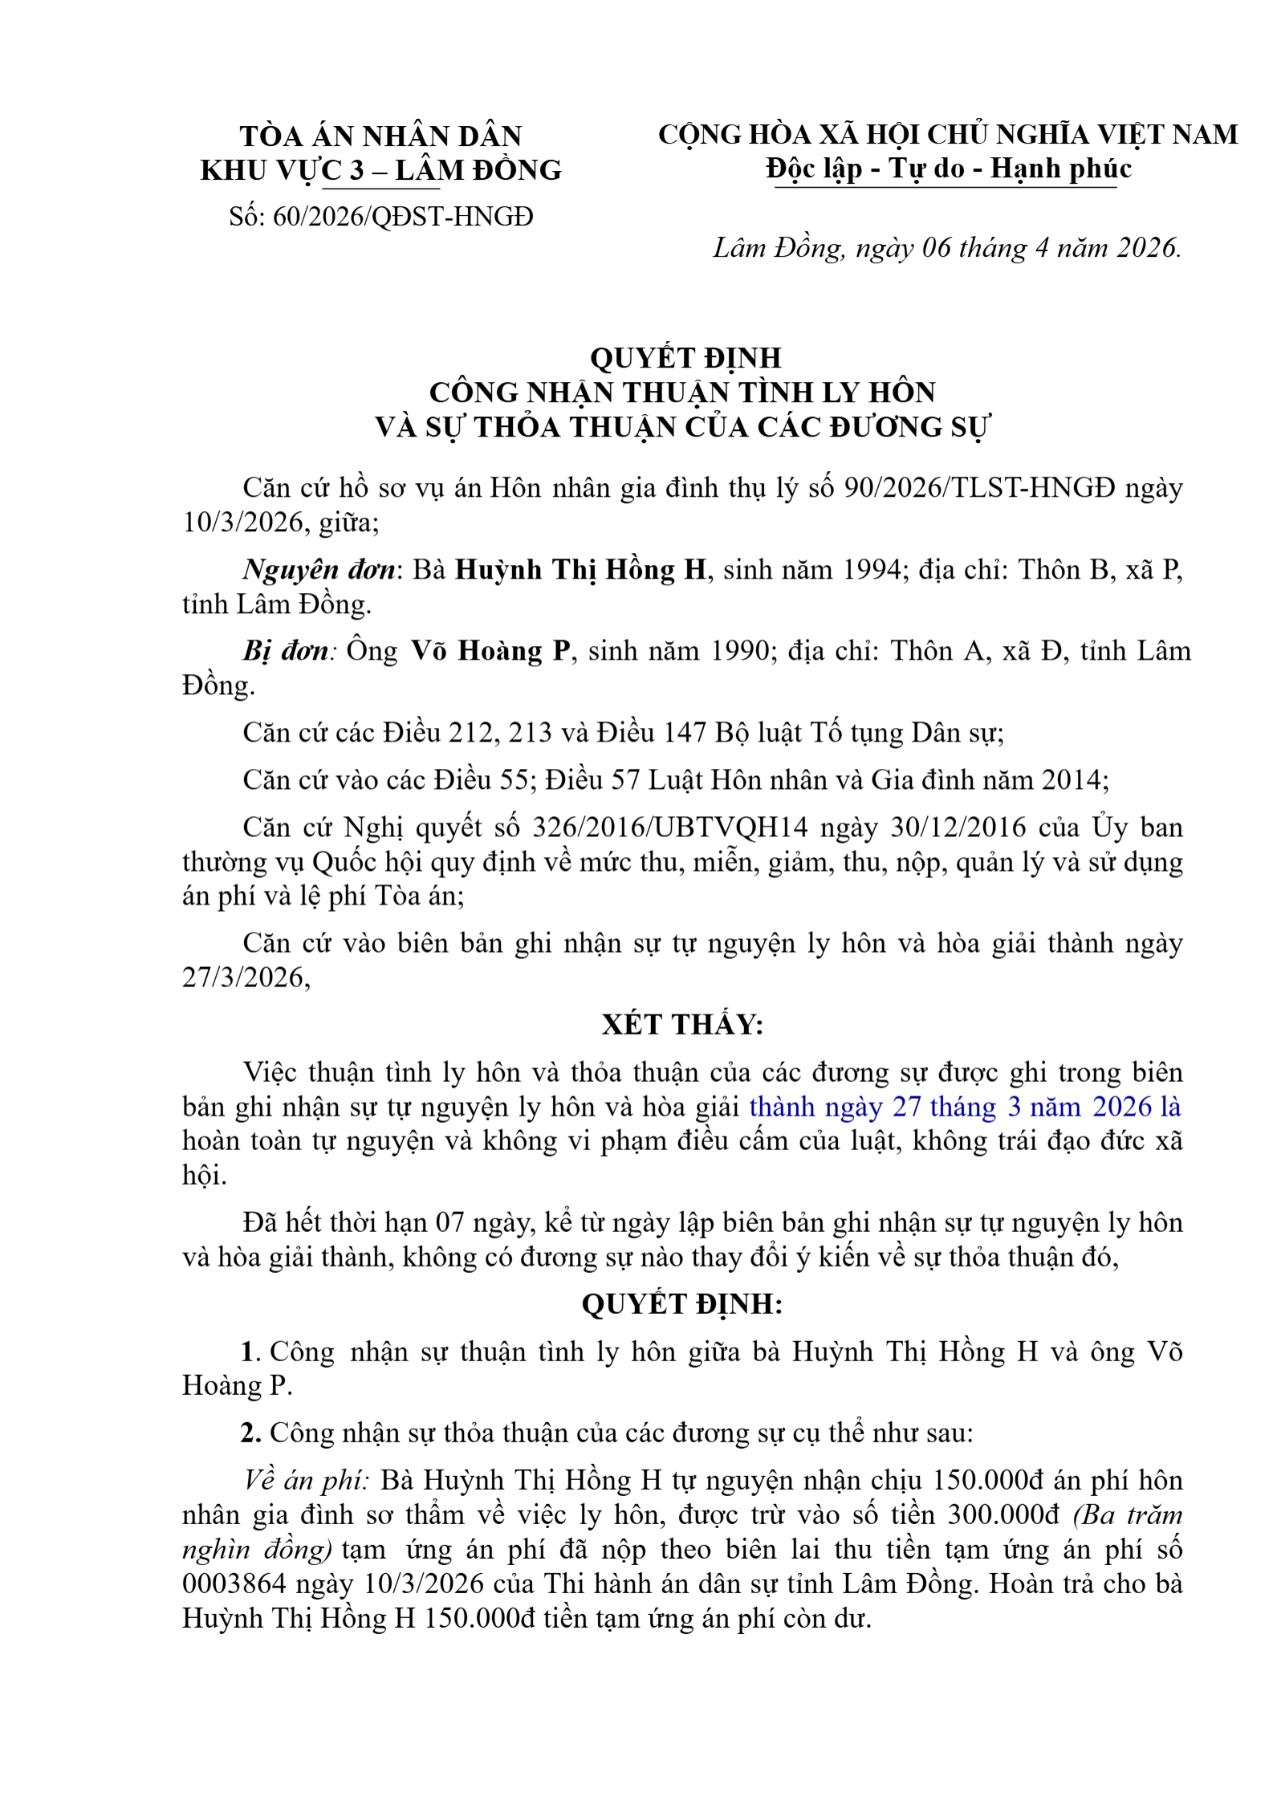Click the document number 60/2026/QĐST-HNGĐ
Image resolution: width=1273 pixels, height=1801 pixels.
(403, 217)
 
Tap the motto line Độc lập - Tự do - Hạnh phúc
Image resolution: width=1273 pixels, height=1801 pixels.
(948, 169)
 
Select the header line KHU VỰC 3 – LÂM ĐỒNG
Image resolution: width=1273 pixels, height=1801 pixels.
(380, 170)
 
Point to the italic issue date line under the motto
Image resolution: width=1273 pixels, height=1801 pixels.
(947, 248)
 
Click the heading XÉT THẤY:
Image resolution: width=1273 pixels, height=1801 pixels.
(682, 1024)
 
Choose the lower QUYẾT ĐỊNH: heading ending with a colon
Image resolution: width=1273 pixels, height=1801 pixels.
(682, 1303)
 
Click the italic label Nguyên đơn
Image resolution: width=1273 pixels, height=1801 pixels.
(319, 569)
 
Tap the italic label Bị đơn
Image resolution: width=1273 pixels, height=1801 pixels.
(286, 650)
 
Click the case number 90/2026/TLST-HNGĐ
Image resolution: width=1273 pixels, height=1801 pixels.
(980, 487)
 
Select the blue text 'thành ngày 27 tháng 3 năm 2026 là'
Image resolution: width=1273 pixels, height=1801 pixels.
(965, 1107)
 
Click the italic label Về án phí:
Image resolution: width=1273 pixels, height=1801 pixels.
(306, 1480)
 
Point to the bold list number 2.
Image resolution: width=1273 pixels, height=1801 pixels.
(251, 1433)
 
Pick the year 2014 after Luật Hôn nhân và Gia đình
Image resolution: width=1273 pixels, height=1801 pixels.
(1073, 779)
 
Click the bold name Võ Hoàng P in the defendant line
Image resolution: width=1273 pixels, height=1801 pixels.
(490, 650)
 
